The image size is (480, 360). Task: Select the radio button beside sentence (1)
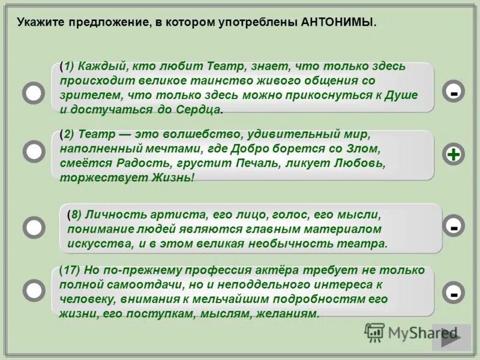click(x=34, y=93)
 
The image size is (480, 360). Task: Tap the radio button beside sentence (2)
click(x=34, y=151)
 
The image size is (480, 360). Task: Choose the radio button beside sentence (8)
click(x=34, y=227)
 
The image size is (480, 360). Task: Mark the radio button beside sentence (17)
click(x=34, y=290)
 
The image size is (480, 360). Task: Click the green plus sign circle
click(x=454, y=154)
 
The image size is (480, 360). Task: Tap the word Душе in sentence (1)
click(x=400, y=95)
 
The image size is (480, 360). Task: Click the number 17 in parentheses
click(x=72, y=270)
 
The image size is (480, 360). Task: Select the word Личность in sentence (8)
click(x=110, y=214)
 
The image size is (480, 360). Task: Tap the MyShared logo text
click(x=420, y=332)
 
